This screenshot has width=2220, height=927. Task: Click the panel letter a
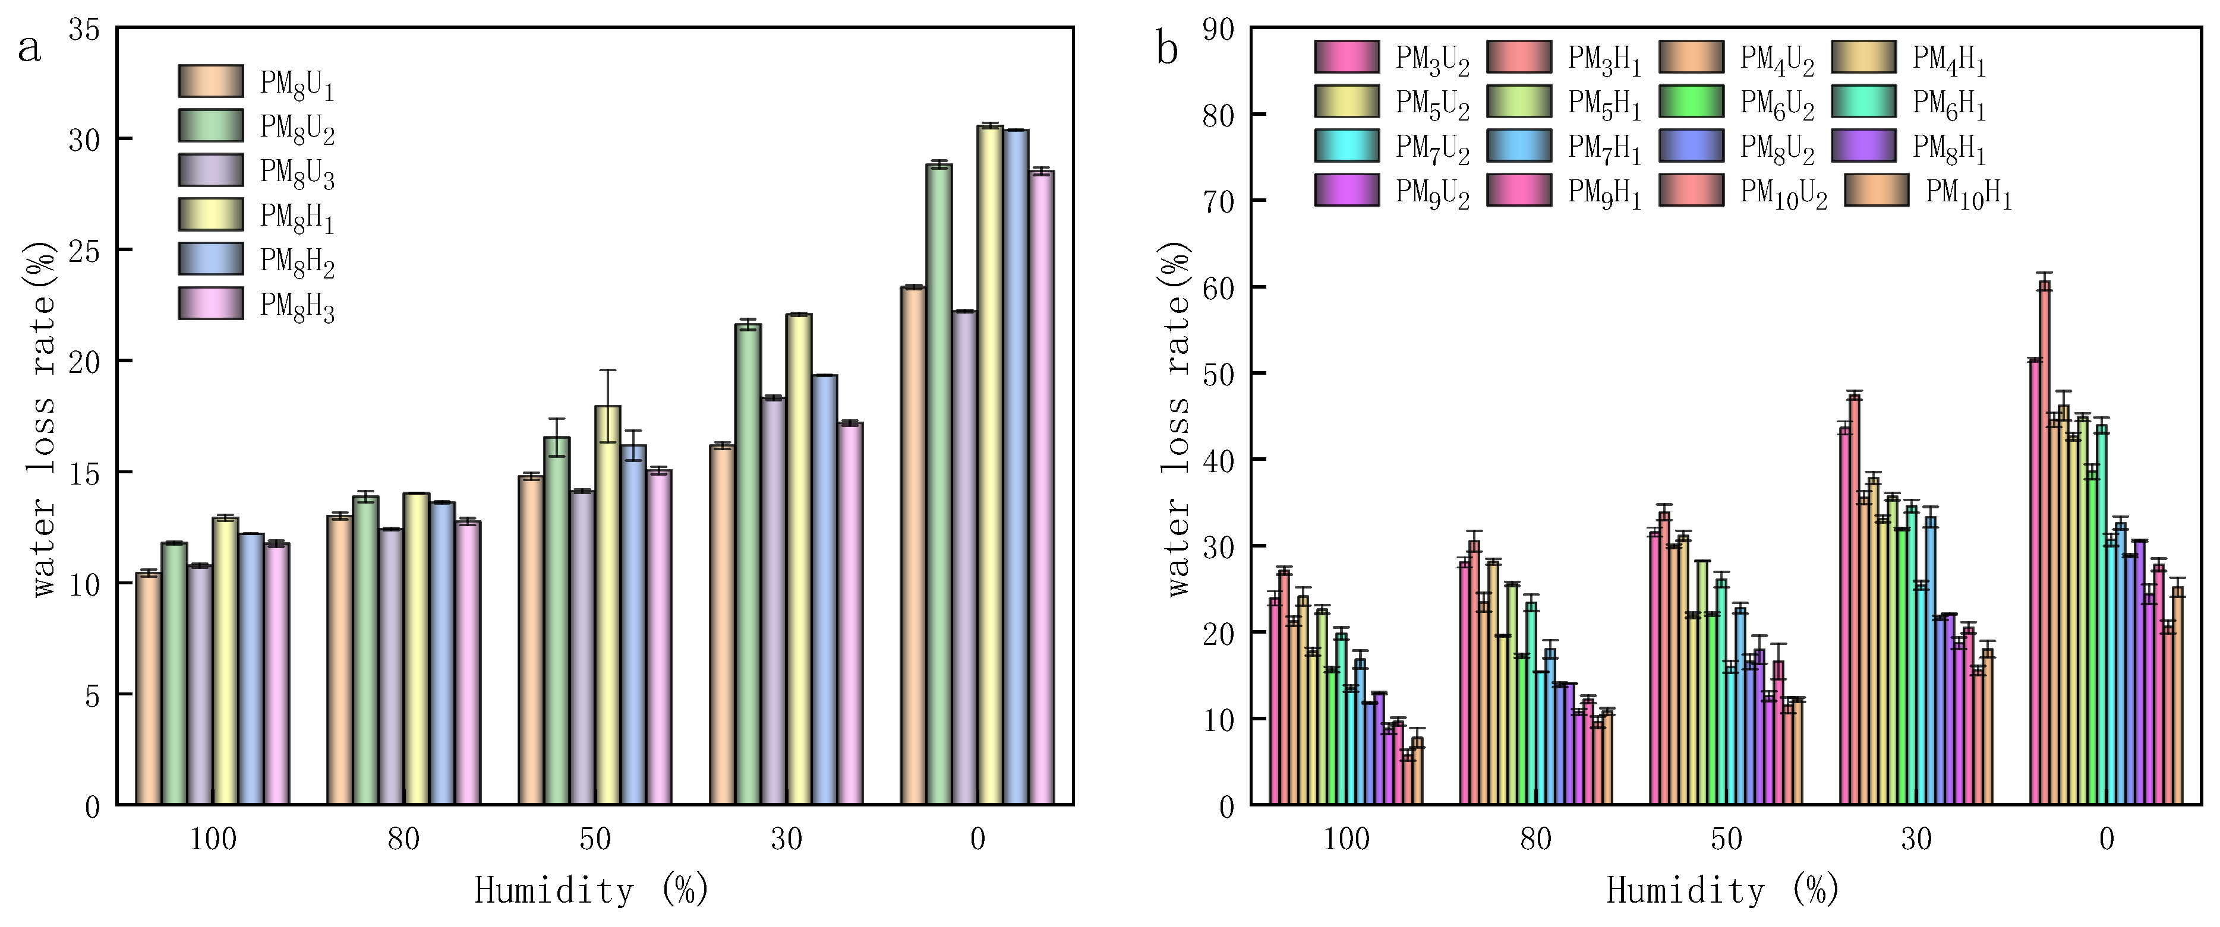[29, 49]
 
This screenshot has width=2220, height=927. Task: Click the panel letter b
[1167, 49]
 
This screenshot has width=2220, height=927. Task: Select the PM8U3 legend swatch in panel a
[211, 170]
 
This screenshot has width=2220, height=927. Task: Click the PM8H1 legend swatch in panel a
[211, 214]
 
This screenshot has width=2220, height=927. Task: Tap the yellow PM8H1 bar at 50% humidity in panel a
[607, 603]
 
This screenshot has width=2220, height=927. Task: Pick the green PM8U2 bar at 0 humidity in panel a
[938, 482]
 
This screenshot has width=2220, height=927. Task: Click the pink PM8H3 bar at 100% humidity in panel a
[277, 672]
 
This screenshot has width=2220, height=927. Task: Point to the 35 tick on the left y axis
[84, 30]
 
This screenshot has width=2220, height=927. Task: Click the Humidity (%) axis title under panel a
[591, 891]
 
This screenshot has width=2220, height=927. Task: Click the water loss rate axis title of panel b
[1177, 418]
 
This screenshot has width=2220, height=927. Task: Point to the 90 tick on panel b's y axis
[1218, 30]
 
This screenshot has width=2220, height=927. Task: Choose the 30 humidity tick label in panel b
[1916, 839]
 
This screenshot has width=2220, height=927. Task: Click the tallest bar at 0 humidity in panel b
[2044, 543]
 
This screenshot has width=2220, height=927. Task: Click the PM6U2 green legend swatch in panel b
[1691, 102]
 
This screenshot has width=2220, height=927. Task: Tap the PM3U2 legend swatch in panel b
[1346, 57]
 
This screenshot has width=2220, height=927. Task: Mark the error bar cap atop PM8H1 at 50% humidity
[607, 371]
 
